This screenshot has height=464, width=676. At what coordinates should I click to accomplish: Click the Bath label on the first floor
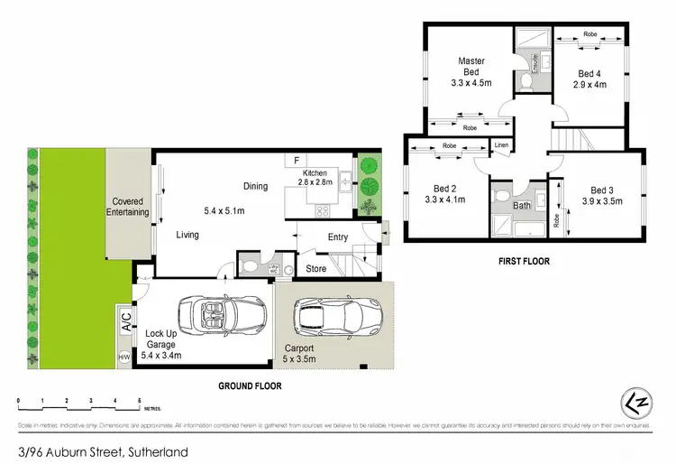pos(523,206)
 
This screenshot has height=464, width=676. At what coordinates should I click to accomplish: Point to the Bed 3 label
pos(603,190)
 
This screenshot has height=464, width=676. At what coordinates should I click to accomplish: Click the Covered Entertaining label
pos(129,207)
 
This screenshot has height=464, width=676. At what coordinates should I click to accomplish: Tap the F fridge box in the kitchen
pos(296,161)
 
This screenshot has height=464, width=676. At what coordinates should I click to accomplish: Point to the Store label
pos(316,268)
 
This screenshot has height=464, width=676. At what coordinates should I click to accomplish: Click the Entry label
pos(337,237)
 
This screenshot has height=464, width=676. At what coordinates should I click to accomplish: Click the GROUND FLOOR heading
pos(250,385)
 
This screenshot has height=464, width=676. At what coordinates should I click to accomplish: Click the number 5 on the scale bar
pos(139,399)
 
